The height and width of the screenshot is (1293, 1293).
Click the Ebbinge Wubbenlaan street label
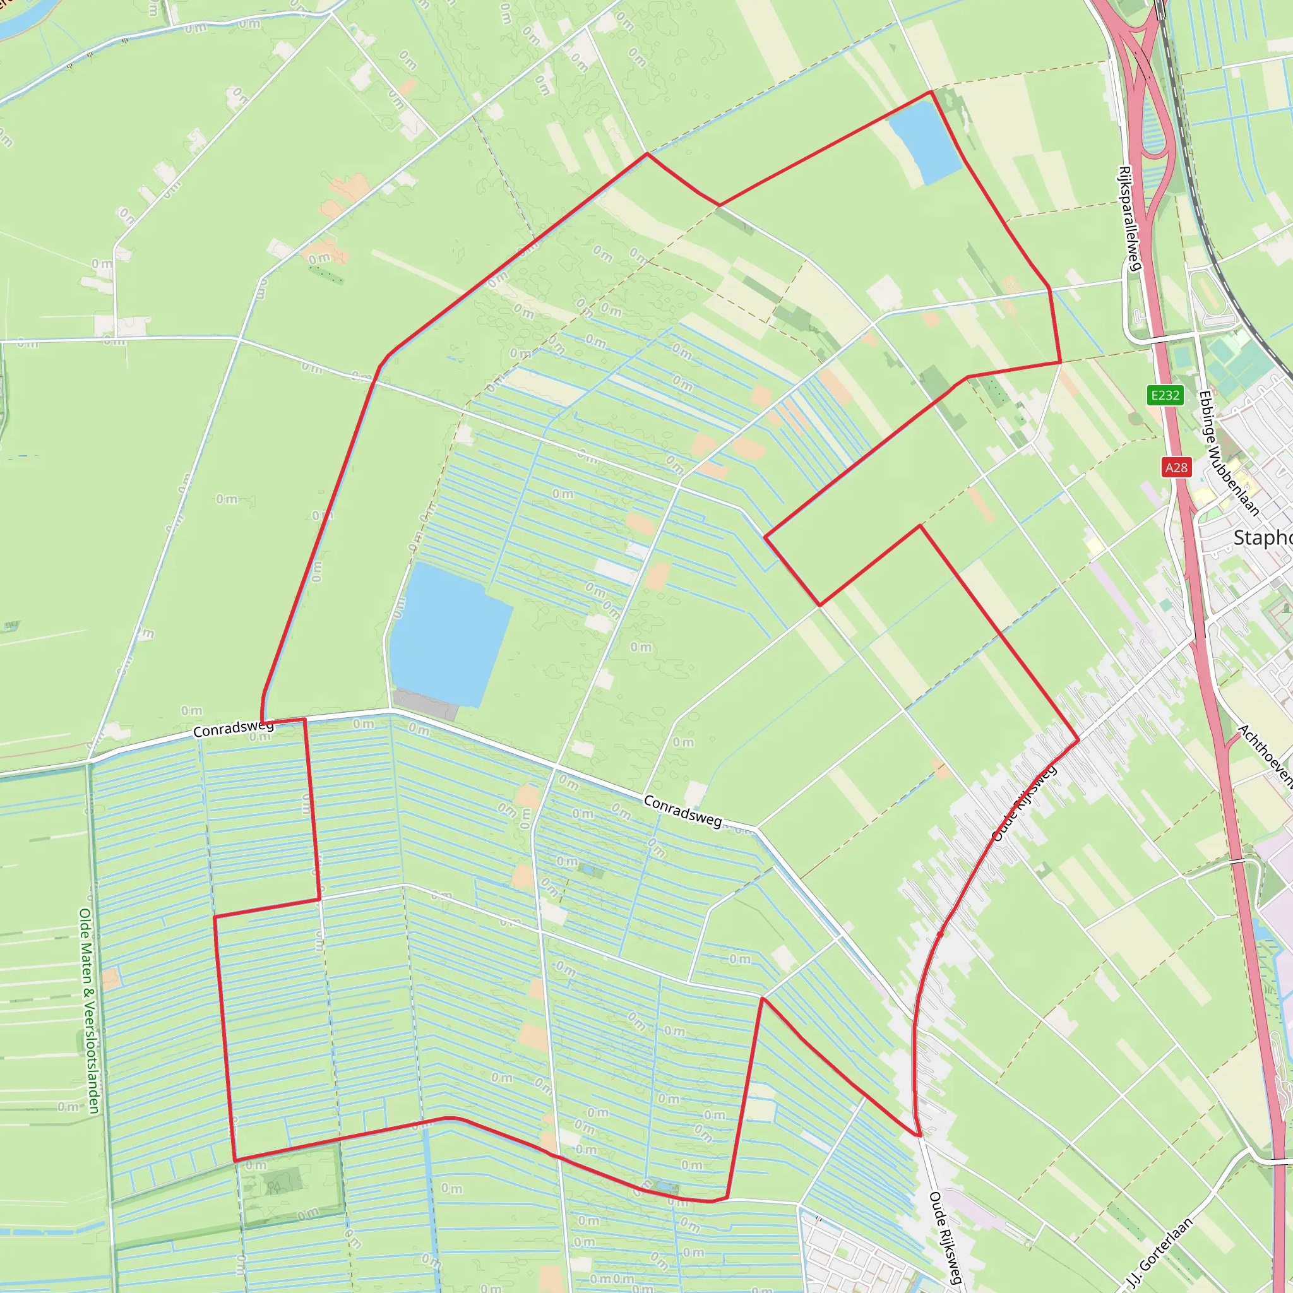tap(1228, 454)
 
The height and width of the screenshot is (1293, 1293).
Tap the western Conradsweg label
tap(233, 727)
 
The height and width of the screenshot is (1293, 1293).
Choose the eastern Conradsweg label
tap(682, 811)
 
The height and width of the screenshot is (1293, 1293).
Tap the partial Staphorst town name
tap(1262, 537)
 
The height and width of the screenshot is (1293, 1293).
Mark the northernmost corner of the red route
tap(932, 92)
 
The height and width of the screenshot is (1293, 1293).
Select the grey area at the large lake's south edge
tap(426, 704)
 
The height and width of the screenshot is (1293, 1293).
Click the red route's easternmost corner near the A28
tap(1060, 362)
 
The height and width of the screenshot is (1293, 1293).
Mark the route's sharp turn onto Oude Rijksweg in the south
tap(919, 1136)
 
